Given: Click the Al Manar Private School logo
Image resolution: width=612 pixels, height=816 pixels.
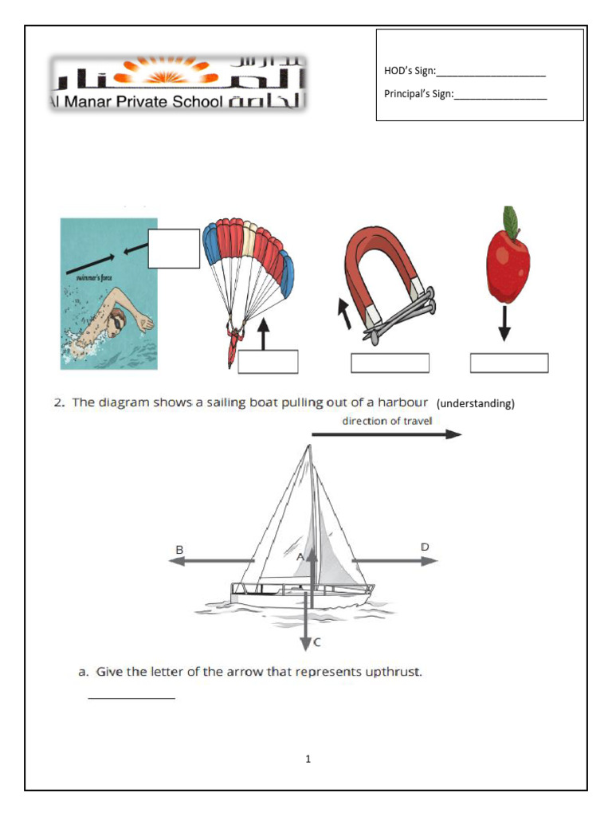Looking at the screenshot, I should pos(178,83).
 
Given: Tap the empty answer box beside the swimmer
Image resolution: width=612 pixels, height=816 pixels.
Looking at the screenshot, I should pos(174,249).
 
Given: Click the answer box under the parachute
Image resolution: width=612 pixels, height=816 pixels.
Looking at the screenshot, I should pos(268,362).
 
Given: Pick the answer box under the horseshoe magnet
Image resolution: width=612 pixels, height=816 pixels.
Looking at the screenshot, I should pos(390,363).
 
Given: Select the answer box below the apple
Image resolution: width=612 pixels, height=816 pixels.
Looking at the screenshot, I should pos(509,363).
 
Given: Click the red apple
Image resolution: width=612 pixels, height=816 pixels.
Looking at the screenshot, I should pos(508,261).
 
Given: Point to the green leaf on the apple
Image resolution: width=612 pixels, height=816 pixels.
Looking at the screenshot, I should pos(509,219).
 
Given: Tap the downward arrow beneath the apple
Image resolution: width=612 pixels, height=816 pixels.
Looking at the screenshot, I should pos(504,326).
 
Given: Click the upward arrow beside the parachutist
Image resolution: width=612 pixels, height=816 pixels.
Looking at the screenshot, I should pos(264,335).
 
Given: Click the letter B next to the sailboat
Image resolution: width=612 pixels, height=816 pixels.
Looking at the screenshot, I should pos(180,549).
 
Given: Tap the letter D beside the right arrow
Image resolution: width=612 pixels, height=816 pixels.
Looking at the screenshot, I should pos(425,547).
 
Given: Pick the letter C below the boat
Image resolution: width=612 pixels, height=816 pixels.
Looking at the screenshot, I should pos(317,641).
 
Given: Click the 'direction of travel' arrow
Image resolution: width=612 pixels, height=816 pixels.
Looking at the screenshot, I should pos(386,434).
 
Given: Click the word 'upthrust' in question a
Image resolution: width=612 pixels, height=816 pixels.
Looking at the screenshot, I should pos(392,672).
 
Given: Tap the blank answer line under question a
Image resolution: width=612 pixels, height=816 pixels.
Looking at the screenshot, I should pos(131,698).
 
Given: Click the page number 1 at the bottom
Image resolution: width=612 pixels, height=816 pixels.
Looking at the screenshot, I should pos(308,759).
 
